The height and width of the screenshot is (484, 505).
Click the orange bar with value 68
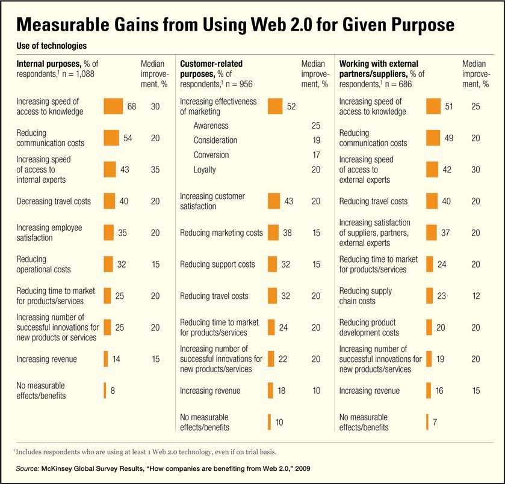tap(113, 106)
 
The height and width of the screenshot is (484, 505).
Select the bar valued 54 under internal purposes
tap(111, 138)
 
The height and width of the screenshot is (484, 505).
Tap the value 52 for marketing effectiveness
tap(291, 106)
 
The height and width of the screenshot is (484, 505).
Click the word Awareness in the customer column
tap(211, 126)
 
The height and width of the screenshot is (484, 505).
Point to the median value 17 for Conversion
tap(316, 155)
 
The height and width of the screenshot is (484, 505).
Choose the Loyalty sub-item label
tap(205, 170)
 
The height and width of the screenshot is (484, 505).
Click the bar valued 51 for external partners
tap(433, 106)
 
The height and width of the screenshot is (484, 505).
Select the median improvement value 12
tap(476, 295)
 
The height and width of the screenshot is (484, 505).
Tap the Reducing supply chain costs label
tap(365, 295)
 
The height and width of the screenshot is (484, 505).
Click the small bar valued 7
tap(427, 422)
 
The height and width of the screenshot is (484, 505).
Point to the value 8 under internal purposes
tap(113, 390)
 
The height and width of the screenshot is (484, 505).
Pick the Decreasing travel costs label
tap(54, 201)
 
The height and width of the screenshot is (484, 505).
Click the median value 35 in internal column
tap(155, 170)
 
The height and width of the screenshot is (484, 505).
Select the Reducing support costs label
tap(217, 264)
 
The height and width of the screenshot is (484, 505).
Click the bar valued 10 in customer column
tap(269, 422)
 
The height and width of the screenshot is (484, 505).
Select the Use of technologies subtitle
tap(51, 46)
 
